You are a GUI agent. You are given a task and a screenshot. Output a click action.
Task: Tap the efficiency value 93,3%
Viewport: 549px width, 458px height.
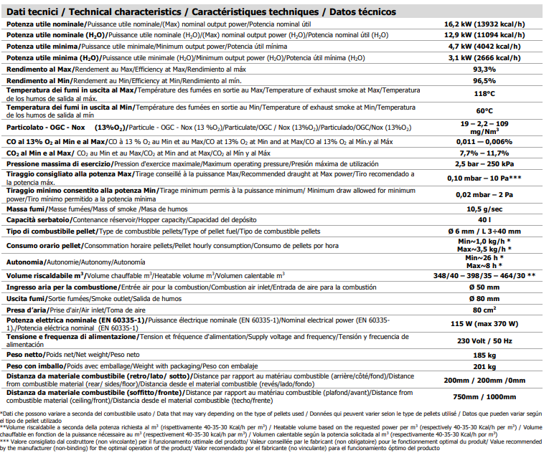pos(484,70)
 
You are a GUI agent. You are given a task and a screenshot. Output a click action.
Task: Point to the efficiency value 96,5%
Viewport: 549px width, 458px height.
pos(484,81)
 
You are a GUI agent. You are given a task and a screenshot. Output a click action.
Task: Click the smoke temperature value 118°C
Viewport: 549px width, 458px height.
pos(484,93)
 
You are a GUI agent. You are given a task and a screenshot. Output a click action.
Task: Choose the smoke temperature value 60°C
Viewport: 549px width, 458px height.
pos(484,110)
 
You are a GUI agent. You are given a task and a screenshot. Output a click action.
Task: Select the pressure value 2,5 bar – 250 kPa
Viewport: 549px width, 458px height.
pos(484,164)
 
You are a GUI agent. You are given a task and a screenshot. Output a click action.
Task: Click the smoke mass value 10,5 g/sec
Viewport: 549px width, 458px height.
pos(484,208)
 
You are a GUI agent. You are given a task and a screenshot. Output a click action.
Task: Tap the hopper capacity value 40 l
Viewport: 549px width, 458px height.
pos(484,219)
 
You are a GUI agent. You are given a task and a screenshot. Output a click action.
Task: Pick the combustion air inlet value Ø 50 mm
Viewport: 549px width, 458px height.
pos(484,287)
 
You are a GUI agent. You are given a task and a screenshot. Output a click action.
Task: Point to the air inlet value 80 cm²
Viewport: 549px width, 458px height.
pos(484,309)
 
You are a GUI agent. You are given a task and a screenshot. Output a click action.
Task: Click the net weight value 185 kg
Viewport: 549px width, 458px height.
pos(484,354)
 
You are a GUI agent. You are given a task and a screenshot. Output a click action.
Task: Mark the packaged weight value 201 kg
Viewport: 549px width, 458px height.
pos(484,366)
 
